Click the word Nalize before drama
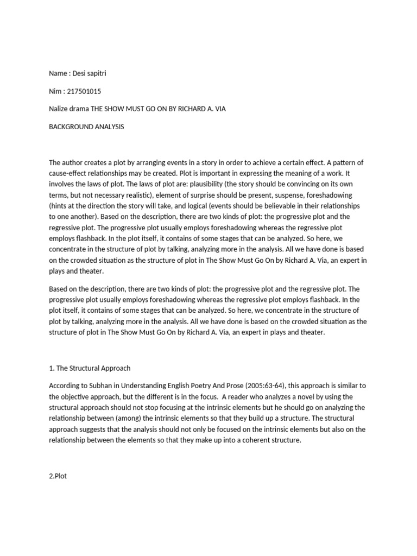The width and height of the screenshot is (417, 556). click(60, 109)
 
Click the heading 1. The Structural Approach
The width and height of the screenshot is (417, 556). click(90, 368)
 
